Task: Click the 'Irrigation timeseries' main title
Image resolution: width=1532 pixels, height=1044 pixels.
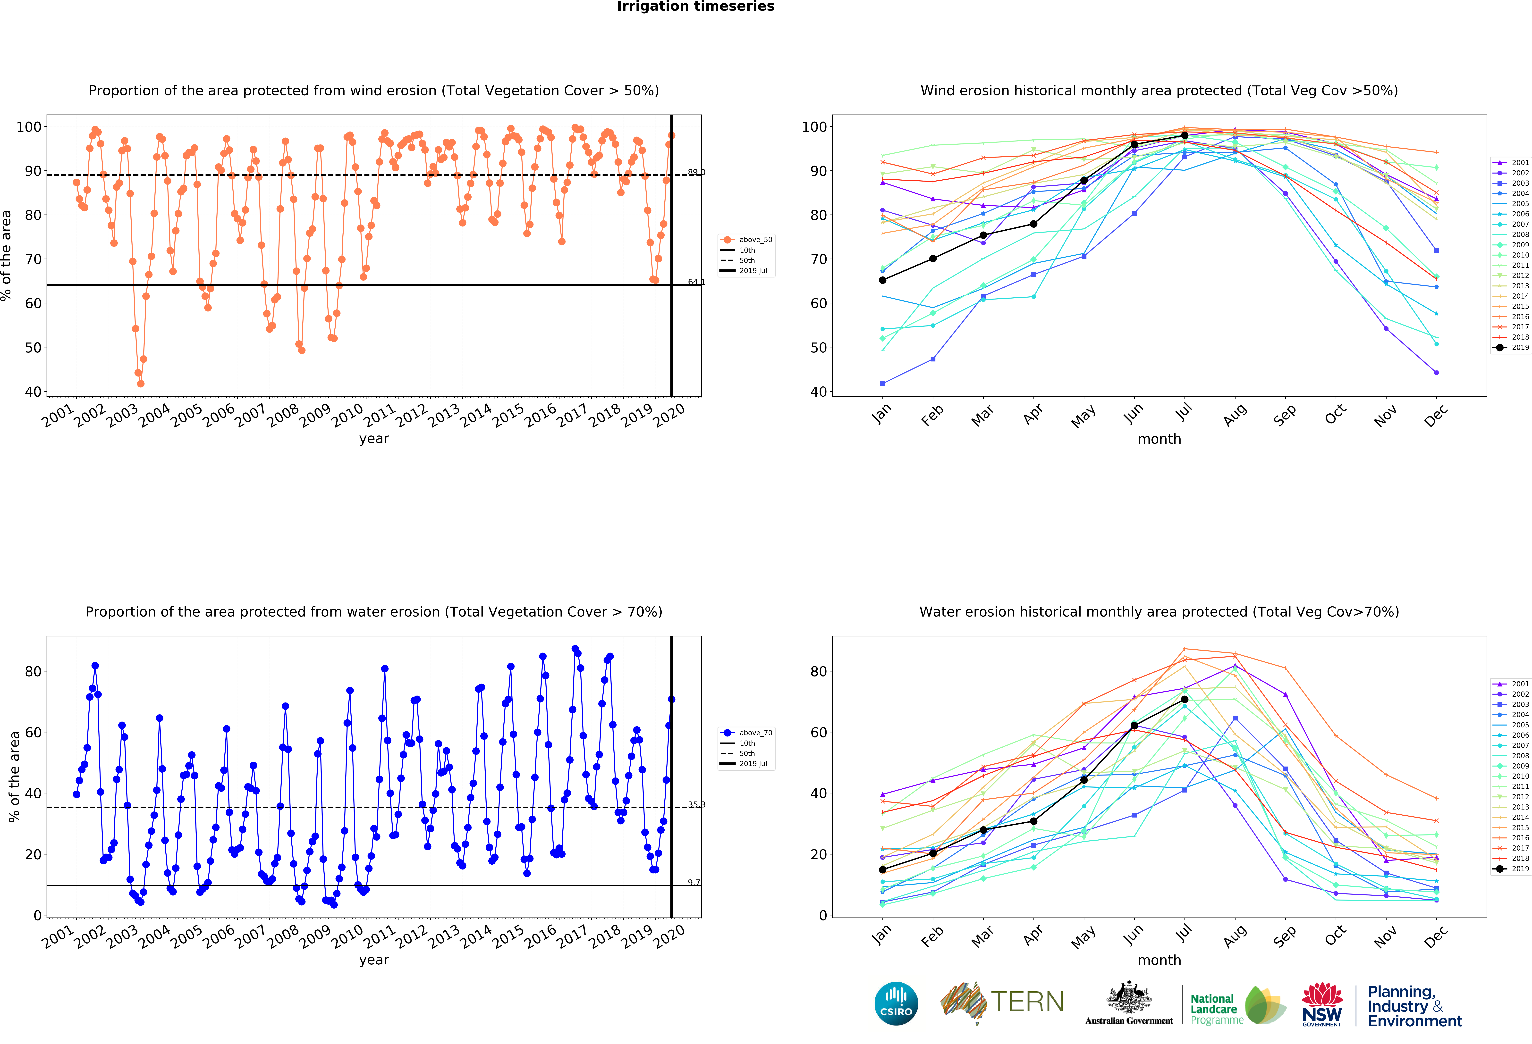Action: pos(695,7)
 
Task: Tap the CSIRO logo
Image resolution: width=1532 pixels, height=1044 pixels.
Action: pos(896,1004)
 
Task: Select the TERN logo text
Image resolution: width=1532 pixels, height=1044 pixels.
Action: pos(1027,1002)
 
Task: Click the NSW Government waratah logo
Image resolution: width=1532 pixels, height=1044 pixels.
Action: pos(1322,1004)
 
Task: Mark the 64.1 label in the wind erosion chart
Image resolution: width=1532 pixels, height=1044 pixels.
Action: pos(696,282)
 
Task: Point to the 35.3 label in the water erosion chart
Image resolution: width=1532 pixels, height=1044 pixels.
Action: pos(696,805)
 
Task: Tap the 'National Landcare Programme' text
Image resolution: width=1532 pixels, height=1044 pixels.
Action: pos(1216,1009)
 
